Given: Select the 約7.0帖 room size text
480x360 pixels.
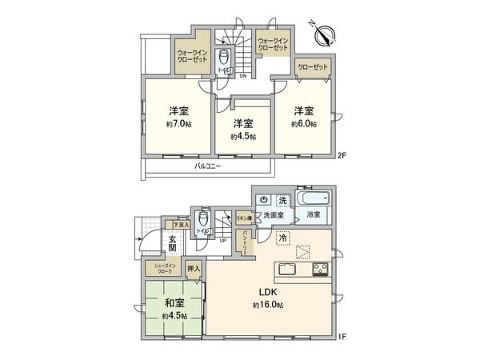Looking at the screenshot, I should pos(178,125).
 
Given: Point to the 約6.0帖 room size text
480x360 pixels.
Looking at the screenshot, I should pos(303,125).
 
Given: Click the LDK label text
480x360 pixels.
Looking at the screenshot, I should pos(267,291).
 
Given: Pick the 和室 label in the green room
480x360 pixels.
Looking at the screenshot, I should pos(175,303).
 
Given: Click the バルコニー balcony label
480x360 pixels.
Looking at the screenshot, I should pos(207,166).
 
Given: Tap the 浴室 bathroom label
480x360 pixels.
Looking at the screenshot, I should pos(313,215).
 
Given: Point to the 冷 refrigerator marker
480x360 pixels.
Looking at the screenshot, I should pos(282,238).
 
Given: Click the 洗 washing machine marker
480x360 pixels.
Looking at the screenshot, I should pos(282,199).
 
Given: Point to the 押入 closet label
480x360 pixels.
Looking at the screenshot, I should pos(193,270).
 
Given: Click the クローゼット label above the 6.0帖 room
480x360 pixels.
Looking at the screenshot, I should pos(313,67).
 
